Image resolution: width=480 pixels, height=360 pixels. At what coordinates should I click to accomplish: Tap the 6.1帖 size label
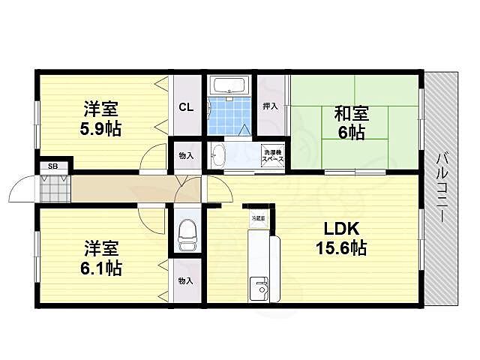click(x=102, y=266)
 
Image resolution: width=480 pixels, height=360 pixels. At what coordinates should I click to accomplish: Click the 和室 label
click(x=351, y=114)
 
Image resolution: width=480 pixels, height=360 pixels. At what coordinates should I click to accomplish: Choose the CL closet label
click(x=186, y=106)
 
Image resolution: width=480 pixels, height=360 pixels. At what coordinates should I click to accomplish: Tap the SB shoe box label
click(x=53, y=166)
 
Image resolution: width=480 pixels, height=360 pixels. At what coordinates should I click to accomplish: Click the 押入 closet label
click(x=270, y=106)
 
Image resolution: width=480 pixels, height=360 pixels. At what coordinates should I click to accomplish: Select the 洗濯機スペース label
click(x=271, y=157)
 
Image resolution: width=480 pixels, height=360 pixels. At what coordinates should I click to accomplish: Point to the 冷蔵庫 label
click(x=259, y=217)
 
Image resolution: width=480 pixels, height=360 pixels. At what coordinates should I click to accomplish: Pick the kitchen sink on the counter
click(x=261, y=288)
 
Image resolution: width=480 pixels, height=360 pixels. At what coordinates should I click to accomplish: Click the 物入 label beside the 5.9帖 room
click(x=186, y=156)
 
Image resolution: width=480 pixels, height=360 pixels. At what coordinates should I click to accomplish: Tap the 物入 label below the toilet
click(x=186, y=280)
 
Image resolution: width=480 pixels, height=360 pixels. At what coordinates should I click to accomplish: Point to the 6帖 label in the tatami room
click(x=351, y=133)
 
